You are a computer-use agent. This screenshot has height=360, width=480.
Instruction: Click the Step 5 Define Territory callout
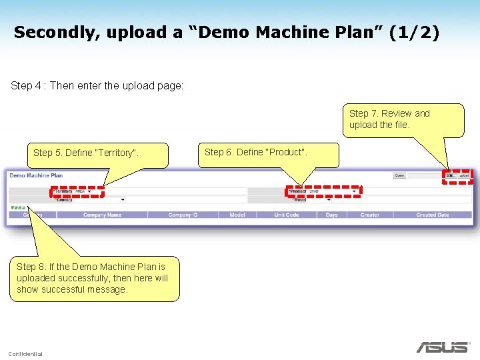pos(85,153)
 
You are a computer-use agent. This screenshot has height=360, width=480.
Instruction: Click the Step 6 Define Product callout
pos(256,153)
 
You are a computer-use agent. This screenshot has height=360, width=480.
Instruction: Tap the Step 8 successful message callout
pos(93,278)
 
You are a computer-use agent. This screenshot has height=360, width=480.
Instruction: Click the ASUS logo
pos(442,347)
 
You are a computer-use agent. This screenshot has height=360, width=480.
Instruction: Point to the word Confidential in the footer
pos(25,353)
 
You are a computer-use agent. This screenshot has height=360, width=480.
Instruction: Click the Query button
pos(399,176)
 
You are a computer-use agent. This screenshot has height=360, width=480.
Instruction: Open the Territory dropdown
pos(89,191)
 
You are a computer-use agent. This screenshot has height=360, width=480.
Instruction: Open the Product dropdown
pos(354,191)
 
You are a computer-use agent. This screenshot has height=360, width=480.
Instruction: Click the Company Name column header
pos(102,215)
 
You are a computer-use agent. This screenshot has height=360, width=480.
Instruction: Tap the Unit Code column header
pos(287,215)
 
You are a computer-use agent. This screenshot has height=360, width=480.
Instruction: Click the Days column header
pos(331,215)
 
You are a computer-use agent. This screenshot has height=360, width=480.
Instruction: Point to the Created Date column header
pos(432,215)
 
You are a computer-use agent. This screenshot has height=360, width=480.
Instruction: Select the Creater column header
pos(369,215)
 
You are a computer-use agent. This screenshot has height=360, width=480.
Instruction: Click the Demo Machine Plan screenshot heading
pos(36,175)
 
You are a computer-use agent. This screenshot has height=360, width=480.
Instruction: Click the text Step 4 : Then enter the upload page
pos(97,86)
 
